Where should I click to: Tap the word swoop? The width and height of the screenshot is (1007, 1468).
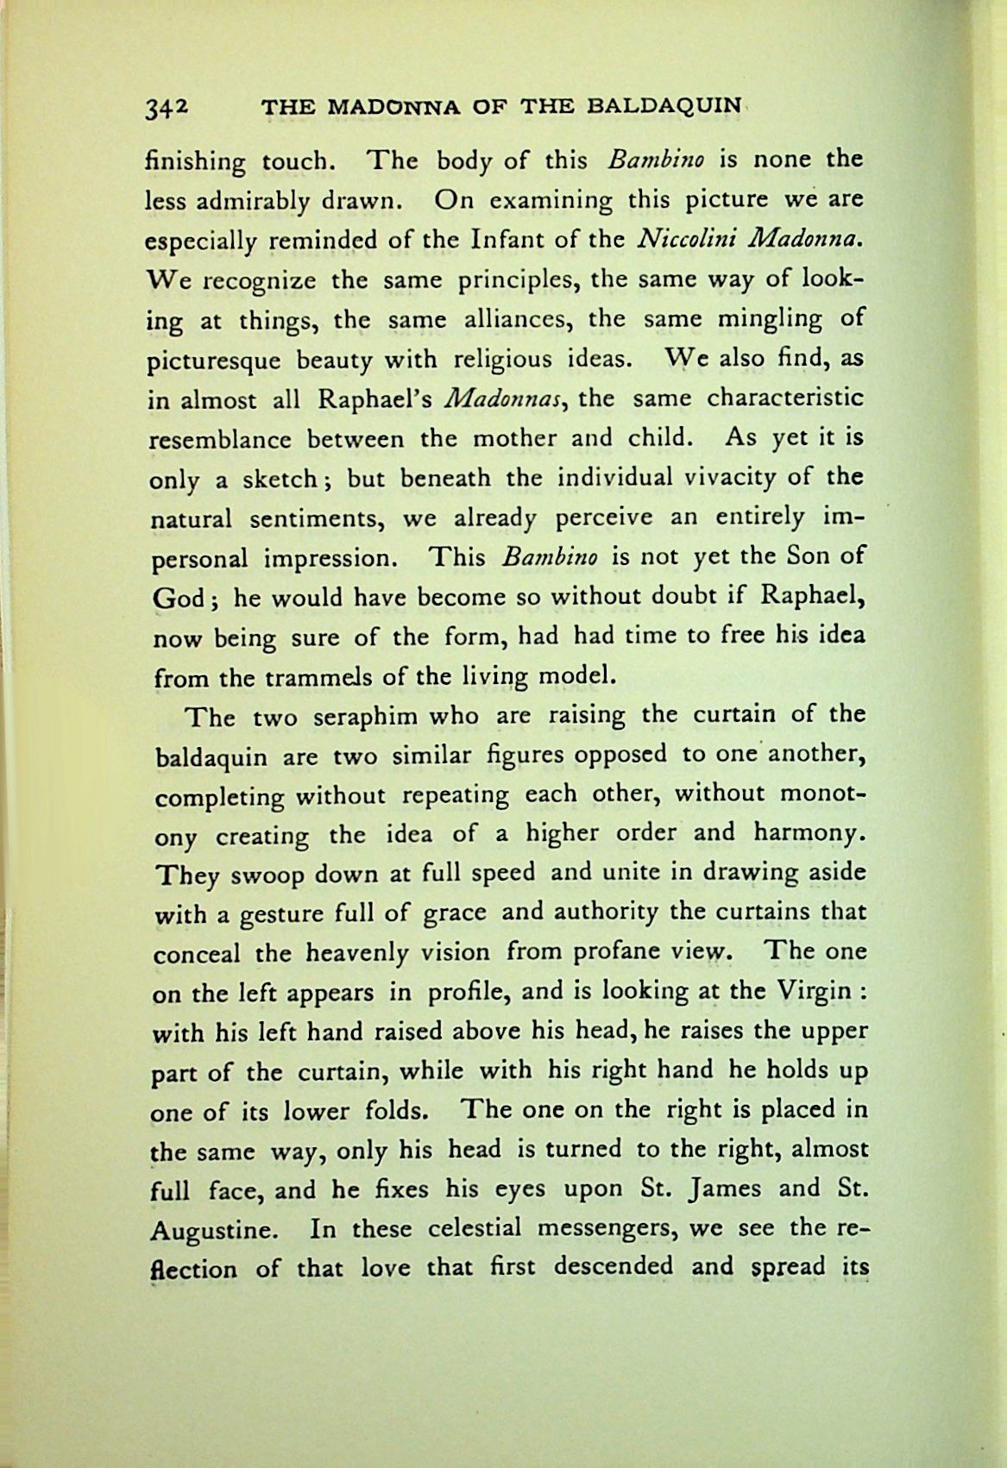[275, 875]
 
